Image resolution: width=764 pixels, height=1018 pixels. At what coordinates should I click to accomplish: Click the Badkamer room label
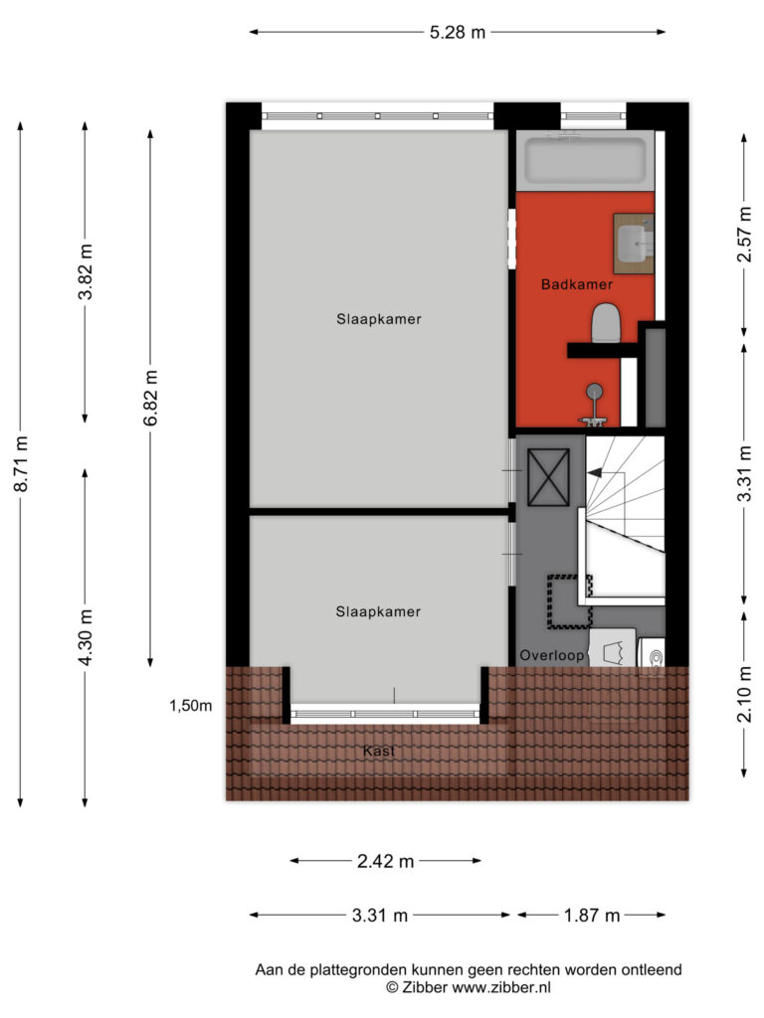[x=576, y=284]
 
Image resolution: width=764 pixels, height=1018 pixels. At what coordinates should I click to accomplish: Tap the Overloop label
[x=551, y=656]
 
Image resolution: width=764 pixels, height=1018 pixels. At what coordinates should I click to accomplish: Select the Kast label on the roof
[x=379, y=752]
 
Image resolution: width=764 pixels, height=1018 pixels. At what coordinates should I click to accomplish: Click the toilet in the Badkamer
[x=606, y=323]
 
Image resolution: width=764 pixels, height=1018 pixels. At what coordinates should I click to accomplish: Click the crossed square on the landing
[x=548, y=477]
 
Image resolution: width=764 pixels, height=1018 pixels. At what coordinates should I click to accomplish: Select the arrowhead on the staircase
[x=594, y=473]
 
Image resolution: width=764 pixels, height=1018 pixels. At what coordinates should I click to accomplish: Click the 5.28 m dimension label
[x=458, y=32]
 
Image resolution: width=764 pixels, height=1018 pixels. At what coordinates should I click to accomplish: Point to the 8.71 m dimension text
[x=21, y=463]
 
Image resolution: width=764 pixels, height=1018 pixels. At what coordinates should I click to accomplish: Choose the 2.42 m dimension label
[x=385, y=861]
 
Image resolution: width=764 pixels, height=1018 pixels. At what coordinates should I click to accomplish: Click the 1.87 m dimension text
[x=592, y=916]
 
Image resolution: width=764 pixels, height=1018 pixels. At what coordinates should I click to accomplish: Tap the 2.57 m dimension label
[x=744, y=235]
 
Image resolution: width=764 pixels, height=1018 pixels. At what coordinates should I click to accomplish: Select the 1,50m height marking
[x=190, y=706]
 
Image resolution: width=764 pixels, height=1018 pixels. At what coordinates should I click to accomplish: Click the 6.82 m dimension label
[x=150, y=398]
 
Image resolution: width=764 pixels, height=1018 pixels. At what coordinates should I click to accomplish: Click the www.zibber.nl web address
[x=501, y=987]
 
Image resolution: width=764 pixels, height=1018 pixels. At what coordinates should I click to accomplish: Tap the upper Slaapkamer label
[x=379, y=319]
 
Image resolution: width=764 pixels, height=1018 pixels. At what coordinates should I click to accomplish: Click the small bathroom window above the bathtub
[x=594, y=116]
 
